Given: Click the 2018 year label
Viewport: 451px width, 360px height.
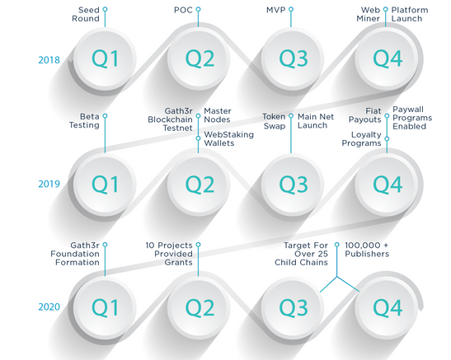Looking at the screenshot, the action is pyautogui.click(x=49, y=60).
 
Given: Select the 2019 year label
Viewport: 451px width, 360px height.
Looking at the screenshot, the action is pyautogui.click(x=49, y=184).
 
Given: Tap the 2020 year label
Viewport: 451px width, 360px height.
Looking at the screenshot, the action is pyautogui.click(x=49, y=306).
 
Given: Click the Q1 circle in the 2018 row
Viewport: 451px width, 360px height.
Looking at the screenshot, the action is pyautogui.click(x=105, y=58).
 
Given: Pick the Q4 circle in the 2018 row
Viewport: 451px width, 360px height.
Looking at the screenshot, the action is pyautogui.click(x=387, y=58).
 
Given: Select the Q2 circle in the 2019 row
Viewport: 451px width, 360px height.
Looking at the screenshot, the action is pyautogui.click(x=199, y=185).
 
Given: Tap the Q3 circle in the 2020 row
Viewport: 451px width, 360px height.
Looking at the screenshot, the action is pyautogui.click(x=293, y=307).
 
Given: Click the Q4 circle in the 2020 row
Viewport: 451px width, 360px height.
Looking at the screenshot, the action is pyautogui.click(x=387, y=307).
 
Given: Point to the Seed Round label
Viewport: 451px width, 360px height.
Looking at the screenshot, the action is pyautogui.click(x=86, y=14).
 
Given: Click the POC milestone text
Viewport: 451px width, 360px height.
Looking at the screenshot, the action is pyautogui.click(x=183, y=10).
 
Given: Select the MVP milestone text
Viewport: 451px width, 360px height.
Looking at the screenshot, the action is pyautogui.click(x=276, y=10).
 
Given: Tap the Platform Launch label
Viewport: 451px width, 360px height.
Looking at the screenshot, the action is pyautogui.click(x=410, y=14).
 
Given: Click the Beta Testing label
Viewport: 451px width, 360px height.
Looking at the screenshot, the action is pyautogui.click(x=84, y=120).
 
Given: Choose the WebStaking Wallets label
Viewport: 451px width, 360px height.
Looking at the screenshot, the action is pyautogui.click(x=228, y=138).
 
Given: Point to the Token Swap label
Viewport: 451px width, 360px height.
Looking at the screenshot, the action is pyautogui.click(x=274, y=121).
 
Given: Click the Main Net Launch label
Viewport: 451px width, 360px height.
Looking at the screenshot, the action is pyautogui.click(x=316, y=121).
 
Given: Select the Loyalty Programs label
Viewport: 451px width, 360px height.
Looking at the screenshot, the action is pyautogui.click(x=362, y=138).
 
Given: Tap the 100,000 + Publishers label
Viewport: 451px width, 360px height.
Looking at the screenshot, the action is pyautogui.click(x=367, y=250).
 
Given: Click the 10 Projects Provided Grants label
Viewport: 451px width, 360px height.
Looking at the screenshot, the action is pyautogui.click(x=169, y=254).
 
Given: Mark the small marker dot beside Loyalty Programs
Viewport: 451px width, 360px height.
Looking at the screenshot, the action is pyautogui.click(x=387, y=138).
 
